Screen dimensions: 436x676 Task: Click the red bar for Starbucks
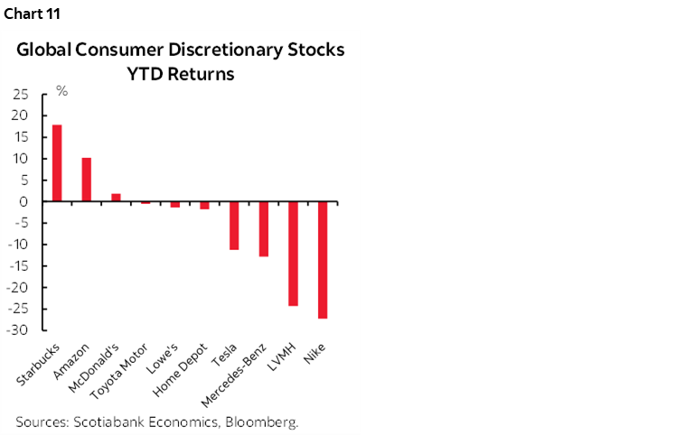[57, 163]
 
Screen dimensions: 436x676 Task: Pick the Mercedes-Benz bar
[263, 229]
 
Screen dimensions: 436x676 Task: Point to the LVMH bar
[293, 254]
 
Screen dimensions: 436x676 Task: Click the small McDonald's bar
[116, 198]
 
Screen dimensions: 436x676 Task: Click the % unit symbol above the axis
[62, 91]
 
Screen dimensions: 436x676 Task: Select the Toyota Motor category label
[126, 371]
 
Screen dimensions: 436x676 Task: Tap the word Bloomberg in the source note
[265, 422]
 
